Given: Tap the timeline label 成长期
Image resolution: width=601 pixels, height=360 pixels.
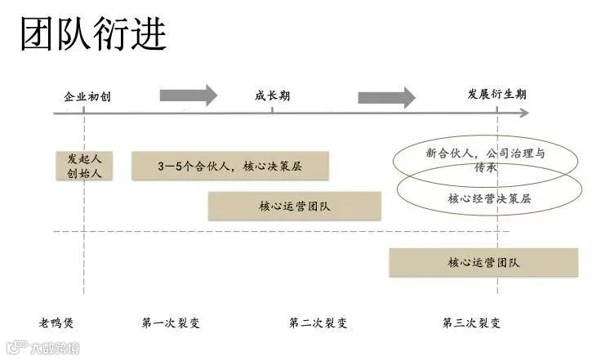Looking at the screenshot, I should click(x=272, y=96).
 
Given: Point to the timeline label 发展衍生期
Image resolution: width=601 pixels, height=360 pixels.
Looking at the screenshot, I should click(x=496, y=94).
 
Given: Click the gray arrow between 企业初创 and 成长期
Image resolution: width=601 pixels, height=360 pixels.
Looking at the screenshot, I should click(x=189, y=96).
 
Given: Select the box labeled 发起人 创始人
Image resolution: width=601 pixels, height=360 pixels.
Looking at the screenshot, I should click(x=85, y=165).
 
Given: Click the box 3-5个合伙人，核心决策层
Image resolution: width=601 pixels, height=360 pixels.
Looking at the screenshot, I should click(x=230, y=166).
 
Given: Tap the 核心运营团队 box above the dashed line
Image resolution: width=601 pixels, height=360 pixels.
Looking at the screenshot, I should click(x=295, y=206).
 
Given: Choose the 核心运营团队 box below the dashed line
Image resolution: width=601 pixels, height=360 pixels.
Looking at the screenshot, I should click(x=483, y=262).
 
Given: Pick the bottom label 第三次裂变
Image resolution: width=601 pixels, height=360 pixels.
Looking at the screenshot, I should click(x=472, y=322).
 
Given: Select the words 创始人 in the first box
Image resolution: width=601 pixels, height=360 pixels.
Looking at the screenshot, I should click(x=85, y=172).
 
